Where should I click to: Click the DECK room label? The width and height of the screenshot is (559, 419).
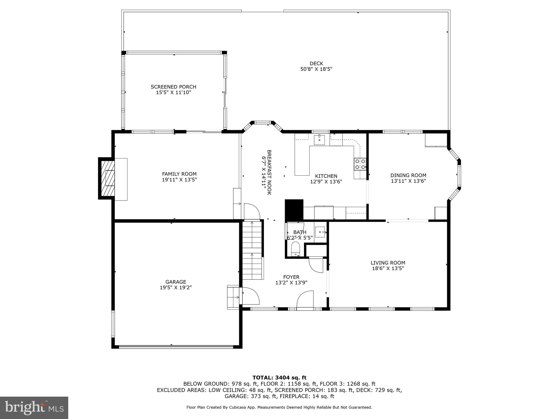(x=316, y=64)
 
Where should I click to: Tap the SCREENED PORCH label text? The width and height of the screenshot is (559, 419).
(x=173, y=87)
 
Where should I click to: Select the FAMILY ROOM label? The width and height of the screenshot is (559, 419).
(x=179, y=174)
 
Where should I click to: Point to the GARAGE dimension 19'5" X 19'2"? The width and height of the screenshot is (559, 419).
(x=176, y=288)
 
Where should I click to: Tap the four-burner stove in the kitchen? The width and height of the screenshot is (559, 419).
(x=360, y=164)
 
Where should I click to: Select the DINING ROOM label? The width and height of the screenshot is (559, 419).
(x=408, y=175)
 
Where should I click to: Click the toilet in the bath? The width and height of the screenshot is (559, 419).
(x=295, y=249)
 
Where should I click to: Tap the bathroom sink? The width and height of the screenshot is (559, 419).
(x=320, y=232)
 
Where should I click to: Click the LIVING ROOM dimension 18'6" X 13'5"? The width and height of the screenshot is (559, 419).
(x=388, y=268)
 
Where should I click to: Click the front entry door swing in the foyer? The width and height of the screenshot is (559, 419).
(x=305, y=300)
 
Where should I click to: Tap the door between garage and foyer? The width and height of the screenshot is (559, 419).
(x=250, y=296)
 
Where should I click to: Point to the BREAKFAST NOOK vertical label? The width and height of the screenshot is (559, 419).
(x=266, y=172)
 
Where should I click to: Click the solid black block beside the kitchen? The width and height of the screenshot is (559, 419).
(x=294, y=210)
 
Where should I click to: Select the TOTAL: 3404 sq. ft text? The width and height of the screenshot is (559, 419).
(x=279, y=378)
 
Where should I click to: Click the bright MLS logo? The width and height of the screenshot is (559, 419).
(x=34, y=408)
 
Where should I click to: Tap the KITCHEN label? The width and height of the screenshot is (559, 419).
(x=326, y=176)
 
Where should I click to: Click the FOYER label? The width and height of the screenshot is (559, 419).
(x=291, y=277)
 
